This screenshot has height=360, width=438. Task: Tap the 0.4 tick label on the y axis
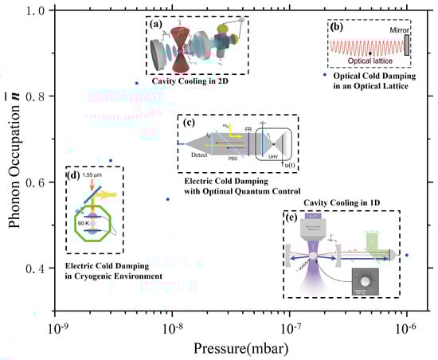tap(37, 268)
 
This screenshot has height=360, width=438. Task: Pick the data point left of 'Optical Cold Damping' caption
tap(324, 74)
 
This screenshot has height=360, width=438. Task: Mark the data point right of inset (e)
tap(407, 256)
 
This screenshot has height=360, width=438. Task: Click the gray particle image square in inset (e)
tap(366, 284)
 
